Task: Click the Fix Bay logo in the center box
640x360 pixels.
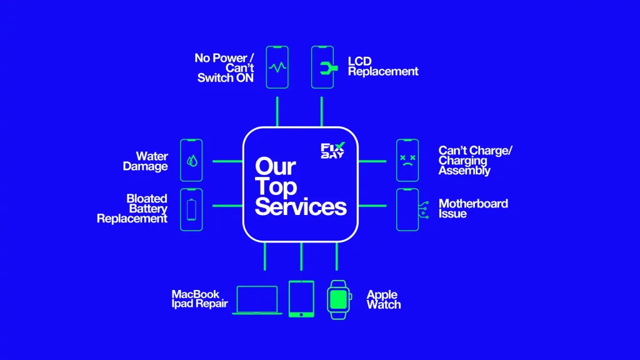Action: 332,151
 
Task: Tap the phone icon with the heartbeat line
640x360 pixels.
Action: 277,66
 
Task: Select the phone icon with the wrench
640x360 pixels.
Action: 322,66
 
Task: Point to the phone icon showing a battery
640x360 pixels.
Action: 191,209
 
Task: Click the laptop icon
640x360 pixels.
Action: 257,300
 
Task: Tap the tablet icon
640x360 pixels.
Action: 301,299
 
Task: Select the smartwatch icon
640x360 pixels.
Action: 337,299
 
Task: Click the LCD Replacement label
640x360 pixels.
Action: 382,66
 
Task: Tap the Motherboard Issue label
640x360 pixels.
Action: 473,209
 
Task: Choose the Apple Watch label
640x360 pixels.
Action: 383,299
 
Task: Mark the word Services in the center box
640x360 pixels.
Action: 300,206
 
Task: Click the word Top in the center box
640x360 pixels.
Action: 276,186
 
